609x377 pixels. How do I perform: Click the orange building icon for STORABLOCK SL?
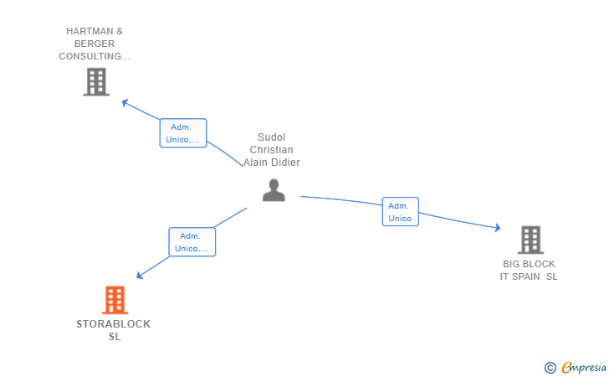pos(115,300)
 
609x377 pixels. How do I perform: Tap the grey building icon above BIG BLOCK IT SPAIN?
pos(530,240)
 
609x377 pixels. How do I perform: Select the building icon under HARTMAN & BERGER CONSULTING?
pos(96,82)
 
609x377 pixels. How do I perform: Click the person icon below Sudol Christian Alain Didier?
pos(274,190)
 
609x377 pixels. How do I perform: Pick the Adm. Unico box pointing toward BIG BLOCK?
pos(401,212)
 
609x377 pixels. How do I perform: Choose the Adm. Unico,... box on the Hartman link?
pos(183,133)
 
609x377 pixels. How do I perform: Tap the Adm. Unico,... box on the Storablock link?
pos(192,242)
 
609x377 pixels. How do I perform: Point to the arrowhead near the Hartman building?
pos(125,103)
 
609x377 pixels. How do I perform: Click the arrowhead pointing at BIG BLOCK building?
pos(498,227)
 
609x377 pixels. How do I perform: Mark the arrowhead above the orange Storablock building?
pos(140,275)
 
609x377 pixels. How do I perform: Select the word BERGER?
pos(95,44)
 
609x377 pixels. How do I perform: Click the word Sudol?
pos(272,137)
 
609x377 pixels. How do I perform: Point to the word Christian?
pos(272,150)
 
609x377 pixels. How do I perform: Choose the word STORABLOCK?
pos(114,324)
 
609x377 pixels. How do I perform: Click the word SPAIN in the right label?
pos(526,276)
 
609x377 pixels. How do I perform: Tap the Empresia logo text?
pos(584,367)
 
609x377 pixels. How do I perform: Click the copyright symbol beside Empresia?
pos(550,368)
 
